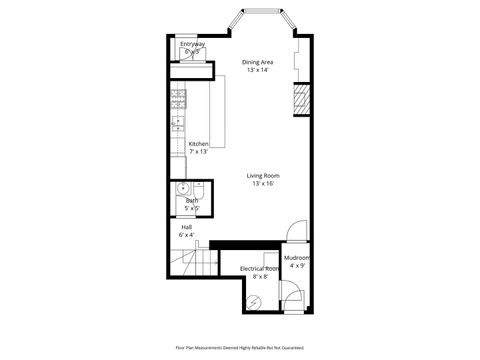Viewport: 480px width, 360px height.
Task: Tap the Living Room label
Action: click(262, 176)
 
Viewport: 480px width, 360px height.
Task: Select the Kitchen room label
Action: click(198, 144)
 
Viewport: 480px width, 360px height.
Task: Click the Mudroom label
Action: click(297, 258)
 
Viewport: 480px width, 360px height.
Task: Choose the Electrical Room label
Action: click(259, 269)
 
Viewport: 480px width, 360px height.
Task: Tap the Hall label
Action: click(186, 227)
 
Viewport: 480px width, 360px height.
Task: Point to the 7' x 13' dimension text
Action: click(198, 152)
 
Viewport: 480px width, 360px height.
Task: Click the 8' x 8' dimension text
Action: click(259, 277)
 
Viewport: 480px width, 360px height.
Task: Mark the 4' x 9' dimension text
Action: click(297, 266)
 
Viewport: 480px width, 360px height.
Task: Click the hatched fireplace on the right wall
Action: click(299, 98)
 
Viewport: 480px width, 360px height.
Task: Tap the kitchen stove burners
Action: click(178, 98)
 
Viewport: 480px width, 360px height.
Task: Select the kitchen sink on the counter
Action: click(177, 123)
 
